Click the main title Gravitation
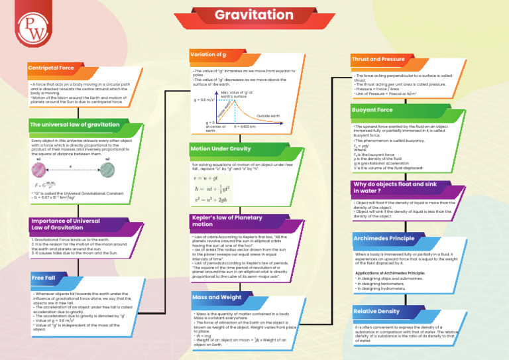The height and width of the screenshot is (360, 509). point(254,15)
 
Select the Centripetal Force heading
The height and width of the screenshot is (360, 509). point(51,68)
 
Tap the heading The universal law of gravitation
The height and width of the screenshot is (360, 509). point(74,124)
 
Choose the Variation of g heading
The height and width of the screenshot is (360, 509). point(209,54)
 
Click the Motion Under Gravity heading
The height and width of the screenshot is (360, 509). point(221,149)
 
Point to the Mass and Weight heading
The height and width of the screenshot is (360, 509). point(217,297)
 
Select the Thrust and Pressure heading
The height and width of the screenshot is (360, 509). point(378,59)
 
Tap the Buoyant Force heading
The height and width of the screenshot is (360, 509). point(372,109)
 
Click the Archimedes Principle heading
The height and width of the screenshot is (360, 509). point(384,238)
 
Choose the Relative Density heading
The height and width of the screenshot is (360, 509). point(376,311)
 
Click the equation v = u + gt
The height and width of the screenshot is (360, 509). point(207,178)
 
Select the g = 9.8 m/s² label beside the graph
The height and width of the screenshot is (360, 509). point(204,99)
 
